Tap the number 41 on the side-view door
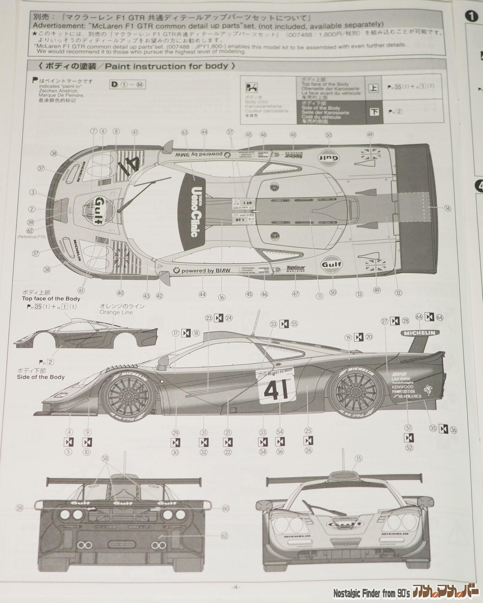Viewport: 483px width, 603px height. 276,390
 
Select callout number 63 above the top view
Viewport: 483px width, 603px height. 184,133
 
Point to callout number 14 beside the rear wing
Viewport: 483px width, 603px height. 448,208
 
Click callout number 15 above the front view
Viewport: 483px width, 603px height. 358,459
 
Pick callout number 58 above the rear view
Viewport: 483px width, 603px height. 105,459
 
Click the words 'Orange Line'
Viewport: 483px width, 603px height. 116,312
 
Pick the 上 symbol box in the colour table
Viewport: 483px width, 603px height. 373,88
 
